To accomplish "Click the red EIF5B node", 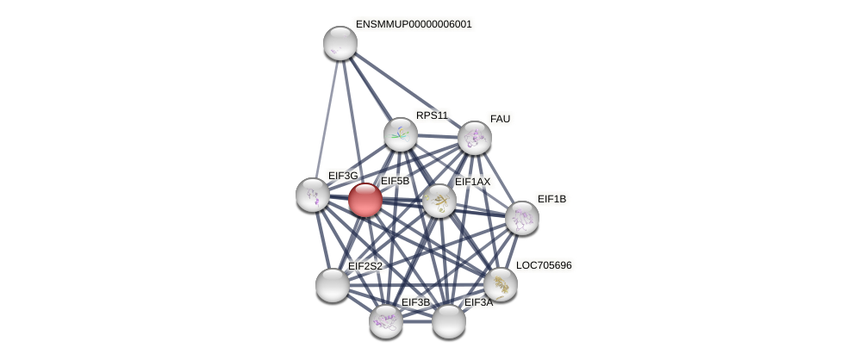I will tap(365, 200).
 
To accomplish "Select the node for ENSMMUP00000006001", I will tap(340, 43).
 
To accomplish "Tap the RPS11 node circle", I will tap(401, 134).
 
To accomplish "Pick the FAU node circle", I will tap(474, 138).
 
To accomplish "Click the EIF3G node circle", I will tap(313, 195).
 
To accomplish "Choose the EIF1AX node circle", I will tap(439, 201).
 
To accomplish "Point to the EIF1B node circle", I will tap(522, 218).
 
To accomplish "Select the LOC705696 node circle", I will tap(500, 284).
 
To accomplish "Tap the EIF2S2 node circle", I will tap(333, 285).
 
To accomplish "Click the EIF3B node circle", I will tap(386, 321).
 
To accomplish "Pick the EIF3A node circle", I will tap(449, 321).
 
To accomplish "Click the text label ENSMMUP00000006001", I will tap(414, 24).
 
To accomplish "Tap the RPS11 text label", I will tap(432, 115).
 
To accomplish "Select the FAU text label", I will tap(500, 119).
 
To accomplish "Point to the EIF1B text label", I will tap(551, 199).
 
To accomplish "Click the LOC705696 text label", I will tap(544, 265).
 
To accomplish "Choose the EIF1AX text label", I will tap(472, 182).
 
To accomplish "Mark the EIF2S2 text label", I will tap(365, 266).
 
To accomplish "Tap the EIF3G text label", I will tap(343, 176).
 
